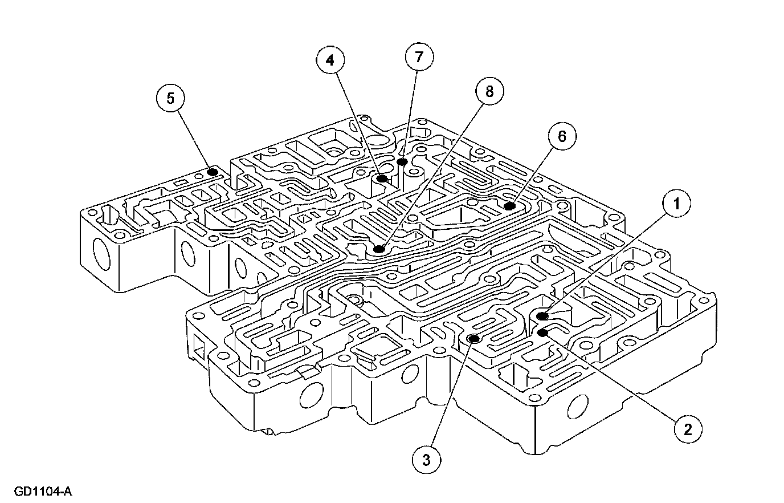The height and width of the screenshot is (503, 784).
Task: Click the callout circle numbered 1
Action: [676, 204]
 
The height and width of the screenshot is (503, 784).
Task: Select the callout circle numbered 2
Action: [688, 429]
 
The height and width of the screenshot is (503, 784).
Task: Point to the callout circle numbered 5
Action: [170, 98]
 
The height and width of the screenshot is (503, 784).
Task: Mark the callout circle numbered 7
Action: [419, 57]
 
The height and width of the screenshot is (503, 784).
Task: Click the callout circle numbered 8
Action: [490, 91]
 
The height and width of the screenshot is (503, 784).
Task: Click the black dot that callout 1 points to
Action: [542, 315]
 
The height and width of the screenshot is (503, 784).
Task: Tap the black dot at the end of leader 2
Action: [542, 332]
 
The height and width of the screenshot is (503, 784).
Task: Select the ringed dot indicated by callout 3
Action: [473, 339]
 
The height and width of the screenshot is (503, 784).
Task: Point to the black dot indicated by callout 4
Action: [382, 179]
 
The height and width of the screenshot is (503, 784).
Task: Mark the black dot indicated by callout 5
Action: [212, 172]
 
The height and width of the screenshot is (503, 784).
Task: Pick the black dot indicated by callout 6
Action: [509, 205]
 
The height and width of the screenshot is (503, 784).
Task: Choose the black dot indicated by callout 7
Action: [402, 162]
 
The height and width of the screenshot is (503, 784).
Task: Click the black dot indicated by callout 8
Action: [379, 249]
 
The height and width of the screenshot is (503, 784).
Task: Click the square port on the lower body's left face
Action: [199, 346]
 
